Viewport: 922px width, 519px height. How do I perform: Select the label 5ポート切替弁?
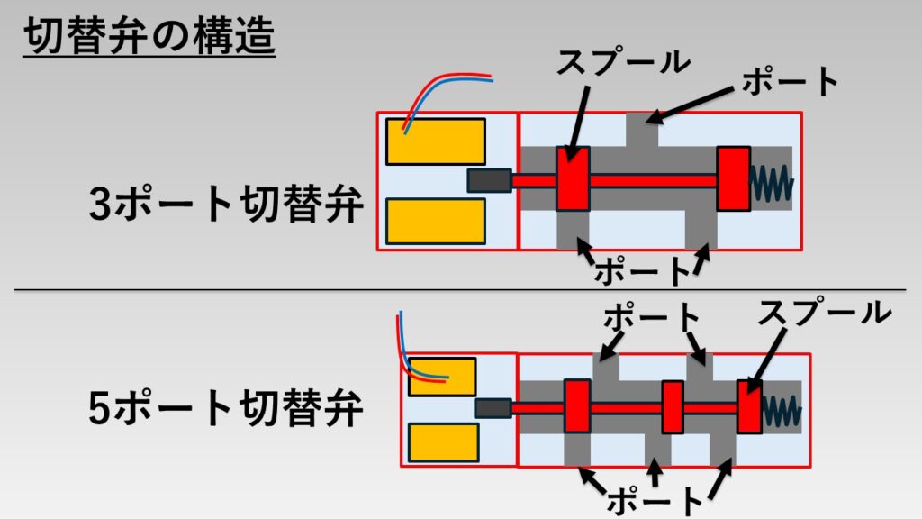click(226, 410)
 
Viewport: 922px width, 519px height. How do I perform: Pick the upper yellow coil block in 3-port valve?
click(436, 141)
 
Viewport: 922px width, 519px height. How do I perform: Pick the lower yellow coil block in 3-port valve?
click(436, 222)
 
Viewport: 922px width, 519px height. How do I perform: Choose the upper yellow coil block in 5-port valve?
click(441, 377)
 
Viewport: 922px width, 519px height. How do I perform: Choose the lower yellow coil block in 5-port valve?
click(441, 443)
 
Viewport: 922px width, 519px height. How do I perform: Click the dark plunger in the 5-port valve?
click(493, 408)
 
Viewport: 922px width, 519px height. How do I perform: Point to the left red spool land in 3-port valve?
click(572, 178)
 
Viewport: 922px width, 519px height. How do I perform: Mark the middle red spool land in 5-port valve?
click(673, 406)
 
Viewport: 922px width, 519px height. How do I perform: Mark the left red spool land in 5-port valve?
click(576, 406)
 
